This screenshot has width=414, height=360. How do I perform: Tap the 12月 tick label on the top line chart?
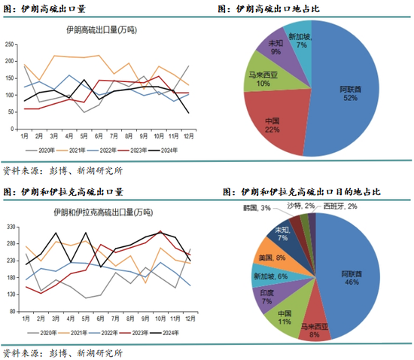(x=189, y=136)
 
